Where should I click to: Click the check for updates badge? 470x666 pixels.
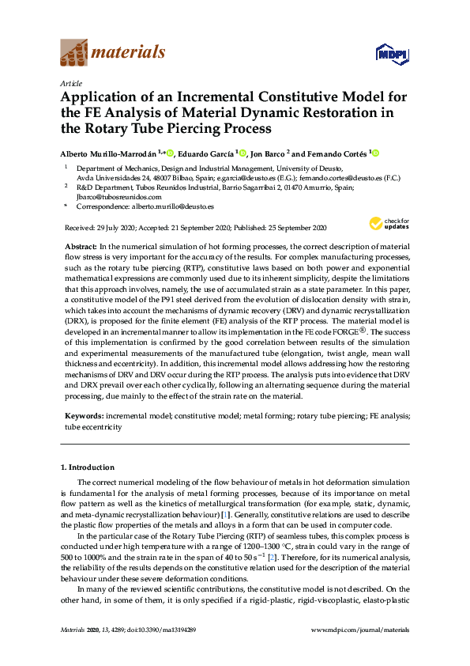point(389,224)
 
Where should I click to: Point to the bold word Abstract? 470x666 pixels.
point(79,248)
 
